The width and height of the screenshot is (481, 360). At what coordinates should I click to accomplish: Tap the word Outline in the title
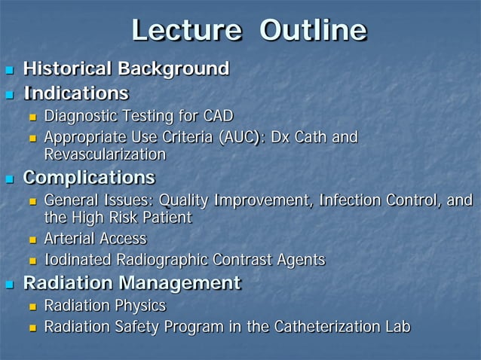coord(313,31)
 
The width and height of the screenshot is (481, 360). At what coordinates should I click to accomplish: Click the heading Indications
coord(75,93)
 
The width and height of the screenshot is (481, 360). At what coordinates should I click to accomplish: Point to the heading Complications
coord(89,178)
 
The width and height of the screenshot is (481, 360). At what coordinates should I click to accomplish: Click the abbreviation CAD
coord(218,116)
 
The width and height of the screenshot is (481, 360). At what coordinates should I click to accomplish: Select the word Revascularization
coord(105,154)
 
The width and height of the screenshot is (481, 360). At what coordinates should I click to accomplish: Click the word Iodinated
coord(78,260)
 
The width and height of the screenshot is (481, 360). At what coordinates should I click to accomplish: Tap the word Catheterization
coord(320,327)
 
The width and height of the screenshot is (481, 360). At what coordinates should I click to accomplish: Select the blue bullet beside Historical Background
coord(10,71)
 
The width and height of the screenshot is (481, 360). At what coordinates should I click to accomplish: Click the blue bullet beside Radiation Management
coord(10,285)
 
